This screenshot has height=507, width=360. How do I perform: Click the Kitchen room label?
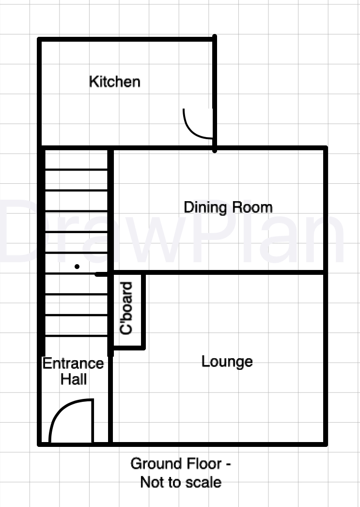(115, 81)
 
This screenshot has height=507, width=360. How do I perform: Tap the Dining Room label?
(228, 207)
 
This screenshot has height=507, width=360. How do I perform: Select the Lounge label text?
(227, 362)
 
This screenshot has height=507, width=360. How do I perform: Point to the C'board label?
(126, 308)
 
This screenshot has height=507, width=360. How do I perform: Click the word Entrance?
(73, 364)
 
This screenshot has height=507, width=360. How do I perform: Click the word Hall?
(74, 379)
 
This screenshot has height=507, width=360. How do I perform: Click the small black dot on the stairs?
(77, 267)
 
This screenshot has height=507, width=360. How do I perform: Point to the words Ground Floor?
(176, 464)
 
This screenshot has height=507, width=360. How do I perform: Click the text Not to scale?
(181, 482)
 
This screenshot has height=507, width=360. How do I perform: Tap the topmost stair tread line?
(76, 169)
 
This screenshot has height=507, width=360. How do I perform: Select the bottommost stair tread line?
(76, 336)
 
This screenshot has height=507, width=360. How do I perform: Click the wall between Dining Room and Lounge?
(219, 272)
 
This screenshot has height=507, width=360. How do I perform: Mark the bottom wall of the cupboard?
(128, 348)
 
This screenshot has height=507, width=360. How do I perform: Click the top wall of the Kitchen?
(126, 39)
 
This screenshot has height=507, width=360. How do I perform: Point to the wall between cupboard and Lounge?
(143, 311)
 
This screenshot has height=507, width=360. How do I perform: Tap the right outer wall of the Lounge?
(326, 359)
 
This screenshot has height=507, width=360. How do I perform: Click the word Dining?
(205, 207)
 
